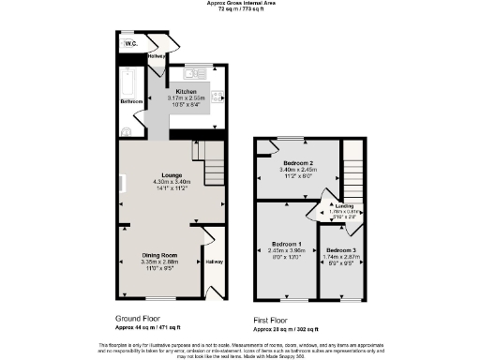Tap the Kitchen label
coord(186,90)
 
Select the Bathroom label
coord(130,101)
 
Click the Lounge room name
coord(171,174)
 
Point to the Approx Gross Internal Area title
coord(239,3)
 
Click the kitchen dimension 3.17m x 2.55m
coord(186,97)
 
